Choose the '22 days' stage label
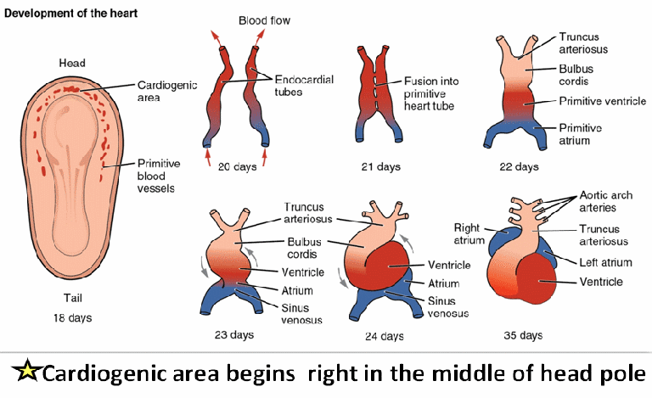(x=520, y=166)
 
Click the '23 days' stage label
(x=235, y=335)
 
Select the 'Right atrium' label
(x=473, y=234)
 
